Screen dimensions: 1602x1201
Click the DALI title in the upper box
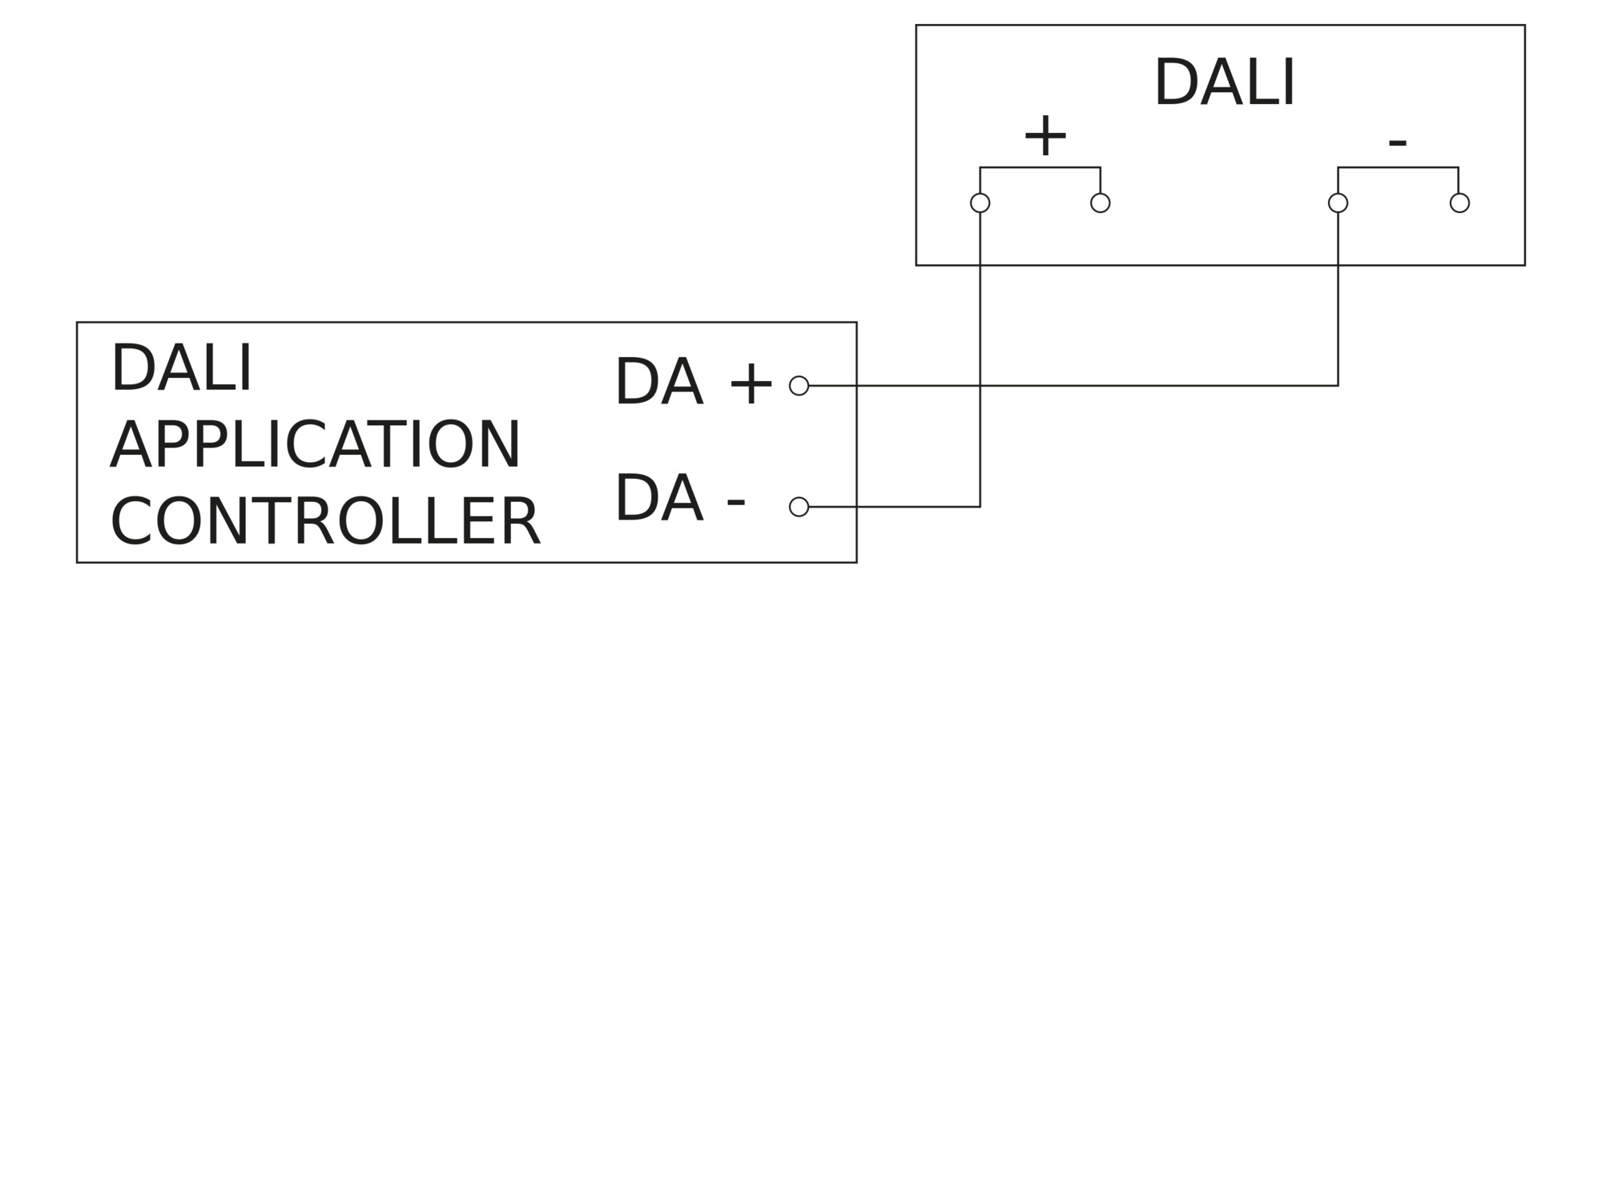click(1224, 83)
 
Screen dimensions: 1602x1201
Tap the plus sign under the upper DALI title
click(1045, 136)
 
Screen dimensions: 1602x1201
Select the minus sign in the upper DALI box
click(1397, 143)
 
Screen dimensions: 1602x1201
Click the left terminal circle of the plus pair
click(980, 203)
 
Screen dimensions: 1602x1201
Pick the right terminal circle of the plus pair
click(1101, 203)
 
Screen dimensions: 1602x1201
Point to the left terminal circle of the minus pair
click(1338, 203)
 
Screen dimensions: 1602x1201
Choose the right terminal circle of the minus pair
click(1459, 203)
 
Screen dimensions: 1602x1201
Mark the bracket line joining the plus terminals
click(1040, 167)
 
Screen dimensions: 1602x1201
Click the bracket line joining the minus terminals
click(1398, 167)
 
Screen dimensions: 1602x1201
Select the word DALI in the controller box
click(181, 368)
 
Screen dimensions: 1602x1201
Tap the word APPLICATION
click(316, 445)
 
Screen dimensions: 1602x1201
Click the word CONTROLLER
click(325, 522)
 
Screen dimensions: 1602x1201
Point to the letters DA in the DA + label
click(658, 382)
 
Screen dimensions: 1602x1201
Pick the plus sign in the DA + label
click(751, 385)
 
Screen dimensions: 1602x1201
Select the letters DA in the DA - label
click(658, 498)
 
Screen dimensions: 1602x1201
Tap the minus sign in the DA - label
click(735, 503)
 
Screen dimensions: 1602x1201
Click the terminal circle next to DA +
click(799, 386)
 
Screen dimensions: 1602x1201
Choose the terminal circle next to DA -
click(799, 507)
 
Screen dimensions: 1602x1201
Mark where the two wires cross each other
click(980, 386)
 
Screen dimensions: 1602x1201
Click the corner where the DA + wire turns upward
click(1338, 386)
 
